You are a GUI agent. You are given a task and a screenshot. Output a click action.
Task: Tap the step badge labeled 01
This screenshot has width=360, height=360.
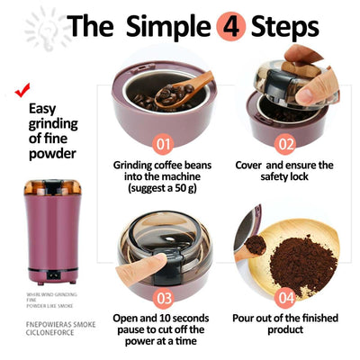tap(163, 143)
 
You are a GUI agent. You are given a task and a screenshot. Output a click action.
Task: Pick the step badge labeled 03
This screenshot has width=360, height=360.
tap(163, 296)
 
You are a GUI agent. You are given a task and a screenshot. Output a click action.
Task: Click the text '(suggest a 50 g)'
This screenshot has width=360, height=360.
tap(163, 190)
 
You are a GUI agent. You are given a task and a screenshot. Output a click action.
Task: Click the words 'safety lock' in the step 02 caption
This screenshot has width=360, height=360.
tap(283, 177)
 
